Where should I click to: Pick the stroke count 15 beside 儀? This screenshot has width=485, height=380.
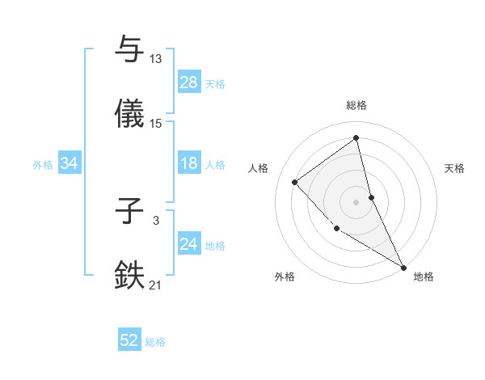coord(156,124)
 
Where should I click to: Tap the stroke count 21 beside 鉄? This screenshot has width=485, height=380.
coord(156,285)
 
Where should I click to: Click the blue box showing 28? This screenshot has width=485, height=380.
coord(189,82)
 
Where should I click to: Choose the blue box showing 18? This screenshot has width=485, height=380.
coord(189,163)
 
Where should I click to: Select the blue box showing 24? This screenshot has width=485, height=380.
coord(189,244)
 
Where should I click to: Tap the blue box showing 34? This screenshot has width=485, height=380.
coord(70,163)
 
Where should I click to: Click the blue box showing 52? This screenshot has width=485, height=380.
coord(129,341)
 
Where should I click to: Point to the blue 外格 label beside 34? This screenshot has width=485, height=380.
coord(43,164)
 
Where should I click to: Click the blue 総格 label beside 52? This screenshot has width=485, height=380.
coord(155,342)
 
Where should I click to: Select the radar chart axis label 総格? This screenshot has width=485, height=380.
coord(356,105)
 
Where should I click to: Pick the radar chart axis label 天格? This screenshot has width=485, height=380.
coord(455,168)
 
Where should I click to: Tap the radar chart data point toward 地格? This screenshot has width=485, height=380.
coord(403,266)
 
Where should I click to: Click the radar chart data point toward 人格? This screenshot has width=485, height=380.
coord(295,182)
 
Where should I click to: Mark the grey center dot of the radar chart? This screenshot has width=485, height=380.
coord(356,201)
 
